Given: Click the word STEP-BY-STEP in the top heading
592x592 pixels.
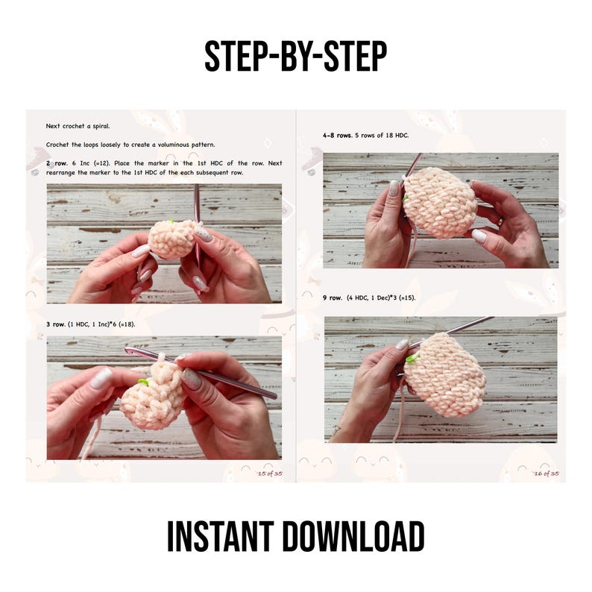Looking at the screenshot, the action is pyautogui.click(x=295, y=56).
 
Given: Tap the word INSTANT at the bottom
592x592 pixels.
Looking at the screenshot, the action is pyautogui.click(x=221, y=536).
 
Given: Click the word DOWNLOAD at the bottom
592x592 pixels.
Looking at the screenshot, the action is pyautogui.click(x=353, y=536).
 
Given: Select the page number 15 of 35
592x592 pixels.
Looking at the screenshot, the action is pyautogui.click(x=270, y=473).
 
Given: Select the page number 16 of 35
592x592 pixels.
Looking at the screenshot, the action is pyautogui.click(x=547, y=473).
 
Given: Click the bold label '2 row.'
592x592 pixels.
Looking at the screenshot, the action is pyautogui.click(x=57, y=163).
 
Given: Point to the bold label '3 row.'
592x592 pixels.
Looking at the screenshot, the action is pyautogui.click(x=55, y=324).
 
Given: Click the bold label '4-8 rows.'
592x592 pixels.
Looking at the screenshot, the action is pyautogui.click(x=337, y=135).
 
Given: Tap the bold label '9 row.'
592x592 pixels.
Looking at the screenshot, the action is pyautogui.click(x=333, y=298).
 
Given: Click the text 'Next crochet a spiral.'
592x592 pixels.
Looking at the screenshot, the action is pyautogui.click(x=78, y=126).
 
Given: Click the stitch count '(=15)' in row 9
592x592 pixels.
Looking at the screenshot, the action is pyautogui.click(x=407, y=298).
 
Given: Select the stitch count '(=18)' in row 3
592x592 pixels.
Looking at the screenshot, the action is pyautogui.click(x=127, y=324).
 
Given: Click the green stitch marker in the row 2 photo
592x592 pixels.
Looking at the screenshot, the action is pyautogui.click(x=171, y=221).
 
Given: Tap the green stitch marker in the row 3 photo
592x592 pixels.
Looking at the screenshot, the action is pyautogui.click(x=142, y=382).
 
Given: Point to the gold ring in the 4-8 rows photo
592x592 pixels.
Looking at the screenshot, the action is pyautogui.click(x=500, y=221).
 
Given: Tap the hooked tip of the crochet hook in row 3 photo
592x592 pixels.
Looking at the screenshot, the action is pyautogui.click(x=128, y=350).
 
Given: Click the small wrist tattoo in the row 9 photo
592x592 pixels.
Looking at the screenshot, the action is pyautogui.click(x=336, y=429).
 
